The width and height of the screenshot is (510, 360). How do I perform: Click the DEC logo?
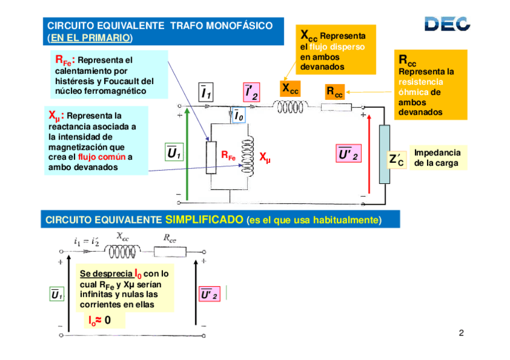tap(447, 23)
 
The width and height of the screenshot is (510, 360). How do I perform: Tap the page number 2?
tap(461, 334)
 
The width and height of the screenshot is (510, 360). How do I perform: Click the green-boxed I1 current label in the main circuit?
tap(206, 93)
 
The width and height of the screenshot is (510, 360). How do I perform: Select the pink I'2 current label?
tap(251, 93)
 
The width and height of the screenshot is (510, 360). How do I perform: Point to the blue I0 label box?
tap(239, 116)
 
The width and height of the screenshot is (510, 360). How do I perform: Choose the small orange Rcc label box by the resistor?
tap(334, 92)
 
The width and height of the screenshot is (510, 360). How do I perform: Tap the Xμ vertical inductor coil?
tap(246, 155)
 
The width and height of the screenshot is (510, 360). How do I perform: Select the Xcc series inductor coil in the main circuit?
tap(290, 107)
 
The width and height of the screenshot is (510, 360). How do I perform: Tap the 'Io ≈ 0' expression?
tap(100, 320)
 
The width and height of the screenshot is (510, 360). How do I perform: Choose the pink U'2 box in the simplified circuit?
tap(210, 294)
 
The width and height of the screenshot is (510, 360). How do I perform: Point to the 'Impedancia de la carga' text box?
tap(437, 158)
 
